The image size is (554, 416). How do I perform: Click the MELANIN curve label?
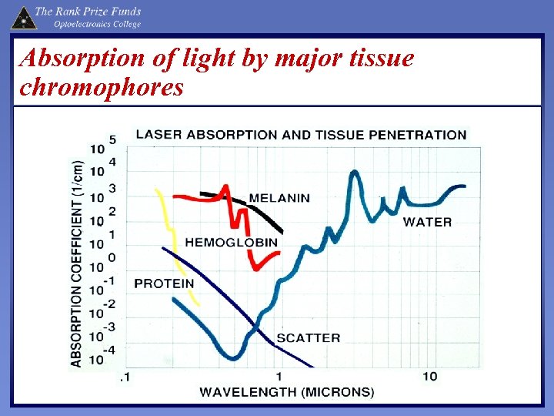[279, 197]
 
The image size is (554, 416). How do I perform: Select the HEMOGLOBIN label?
[231, 242]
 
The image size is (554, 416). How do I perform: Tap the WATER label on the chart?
[428, 222]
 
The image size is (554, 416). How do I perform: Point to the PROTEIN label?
[164, 283]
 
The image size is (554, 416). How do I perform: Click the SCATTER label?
[308, 337]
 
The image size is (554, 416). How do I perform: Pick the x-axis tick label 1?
[279, 376]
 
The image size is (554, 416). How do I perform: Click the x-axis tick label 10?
[429, 376]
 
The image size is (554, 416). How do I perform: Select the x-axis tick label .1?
[124, 377]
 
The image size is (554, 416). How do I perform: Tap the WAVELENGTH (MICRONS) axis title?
[287, 392]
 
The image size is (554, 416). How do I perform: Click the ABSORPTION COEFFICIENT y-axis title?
[78, 263]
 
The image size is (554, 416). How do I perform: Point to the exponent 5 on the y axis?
[112, 139]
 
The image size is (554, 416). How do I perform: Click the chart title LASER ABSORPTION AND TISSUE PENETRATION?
[301, 134]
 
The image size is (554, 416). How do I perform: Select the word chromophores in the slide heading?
[101, 87]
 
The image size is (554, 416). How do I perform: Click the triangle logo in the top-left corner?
[23, 16]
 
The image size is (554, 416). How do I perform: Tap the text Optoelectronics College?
[97, 24]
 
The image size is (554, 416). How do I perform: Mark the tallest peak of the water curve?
[355, 173]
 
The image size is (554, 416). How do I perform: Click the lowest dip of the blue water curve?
[232, 357]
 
